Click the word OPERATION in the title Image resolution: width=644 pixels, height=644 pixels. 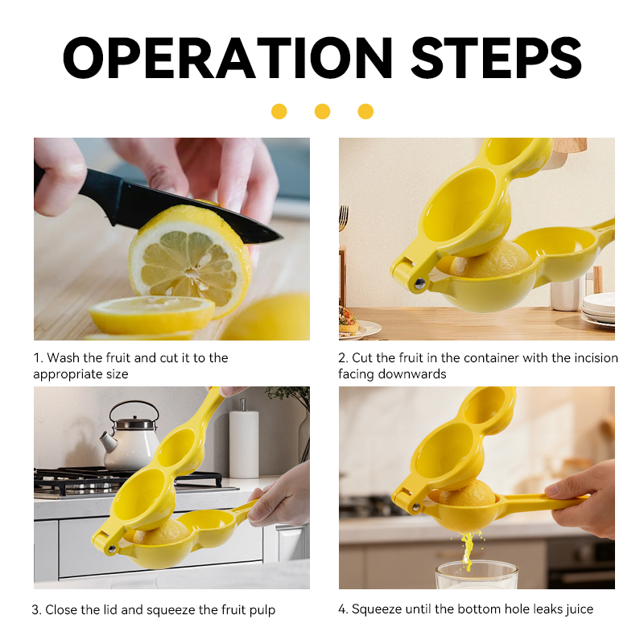click(x=228, y=57)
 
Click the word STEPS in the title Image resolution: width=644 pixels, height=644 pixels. click(x=496, y=57)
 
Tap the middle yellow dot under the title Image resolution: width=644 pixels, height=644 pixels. click(x=323, y=111)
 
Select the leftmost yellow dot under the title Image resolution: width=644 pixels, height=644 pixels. click(x=279, y=111)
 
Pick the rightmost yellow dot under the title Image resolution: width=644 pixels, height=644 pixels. click(x=365, y=111)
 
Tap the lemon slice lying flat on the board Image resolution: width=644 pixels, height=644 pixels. click(x=152, y=314)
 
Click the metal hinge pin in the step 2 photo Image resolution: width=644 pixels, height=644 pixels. click(x=419, y=283)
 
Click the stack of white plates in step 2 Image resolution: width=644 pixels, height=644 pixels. click(x=598, y=308)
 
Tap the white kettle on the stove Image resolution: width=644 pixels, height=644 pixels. click(x=130, y=437)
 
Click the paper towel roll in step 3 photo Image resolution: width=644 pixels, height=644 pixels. click(x=244, y=441)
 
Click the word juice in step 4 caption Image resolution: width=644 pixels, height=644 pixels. click(x=579, y=609)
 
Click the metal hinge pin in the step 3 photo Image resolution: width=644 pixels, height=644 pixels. click(x=111, y=549)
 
